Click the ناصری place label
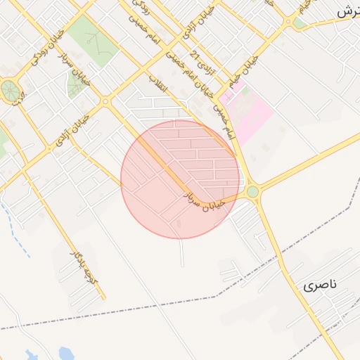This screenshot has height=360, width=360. pos(321,285)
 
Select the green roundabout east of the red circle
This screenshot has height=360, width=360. pos(252,191)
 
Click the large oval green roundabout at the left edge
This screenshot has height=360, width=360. pos(10,91)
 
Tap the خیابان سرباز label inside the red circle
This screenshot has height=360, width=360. pos(204,199)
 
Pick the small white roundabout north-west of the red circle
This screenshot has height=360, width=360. pos(105,102)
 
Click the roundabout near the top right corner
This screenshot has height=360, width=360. pos(288,22)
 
